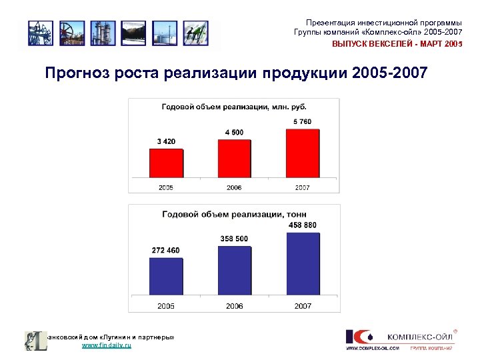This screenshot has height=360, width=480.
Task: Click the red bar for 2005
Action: click(x=166, y=163)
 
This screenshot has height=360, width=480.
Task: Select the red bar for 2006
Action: click(x=234, y=158)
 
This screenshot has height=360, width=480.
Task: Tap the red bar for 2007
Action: click(x=302, y=153)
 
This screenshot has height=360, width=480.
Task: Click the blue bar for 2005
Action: click(x=166, y=276)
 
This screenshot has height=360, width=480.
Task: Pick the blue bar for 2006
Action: click(x=234, y=270)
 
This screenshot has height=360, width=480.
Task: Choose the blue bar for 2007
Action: click(x=302, y=263)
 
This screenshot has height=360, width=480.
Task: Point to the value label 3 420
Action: click(x=166, y=141)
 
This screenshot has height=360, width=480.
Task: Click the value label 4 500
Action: click(x=234, y=132)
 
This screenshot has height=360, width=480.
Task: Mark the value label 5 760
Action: click(x=302, y=121)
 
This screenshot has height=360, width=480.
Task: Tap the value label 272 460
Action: click(x=165, y=251)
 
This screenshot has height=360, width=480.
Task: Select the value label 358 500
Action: click(x=234, y=239)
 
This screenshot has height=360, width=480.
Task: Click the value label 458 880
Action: click(x=303, y=225)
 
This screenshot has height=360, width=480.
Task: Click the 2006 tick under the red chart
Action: click(x=234, y=188)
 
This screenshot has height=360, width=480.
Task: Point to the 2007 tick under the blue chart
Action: click(x=303, y=306)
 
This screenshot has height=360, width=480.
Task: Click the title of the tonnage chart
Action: click(x=233, y=214)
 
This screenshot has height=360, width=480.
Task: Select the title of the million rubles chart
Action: click(x=233, y=107)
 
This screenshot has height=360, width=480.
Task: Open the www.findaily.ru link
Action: click(x=107, y=346)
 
